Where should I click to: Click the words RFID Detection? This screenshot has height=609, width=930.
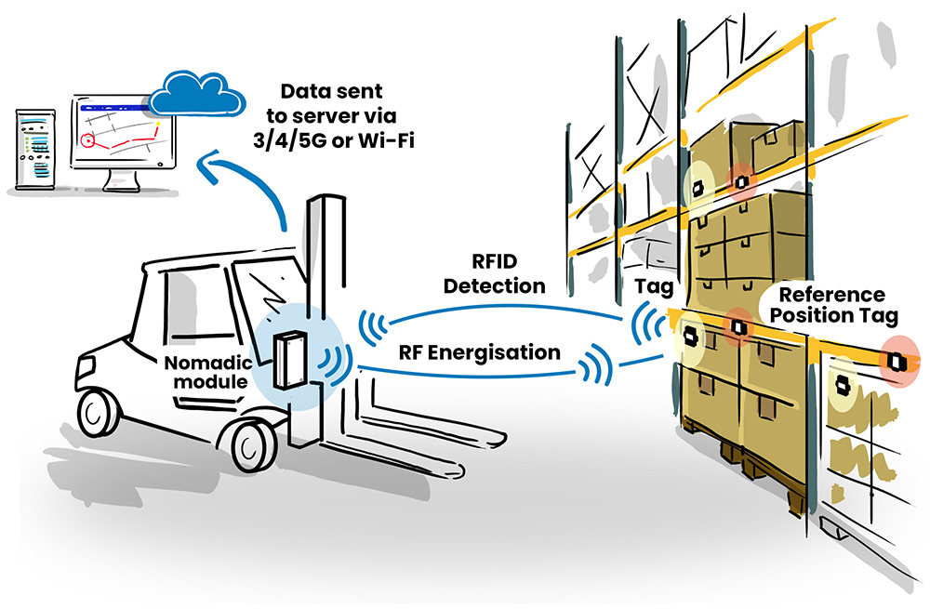coord(494,273)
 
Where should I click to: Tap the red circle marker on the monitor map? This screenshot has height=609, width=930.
coord(89,141)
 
